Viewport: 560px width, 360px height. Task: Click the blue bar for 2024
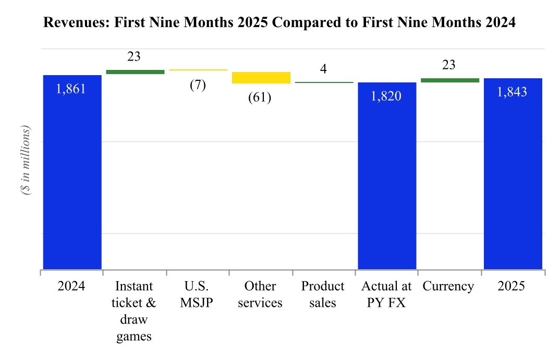pos(72,172)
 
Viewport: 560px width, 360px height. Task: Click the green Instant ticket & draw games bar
pos(135,72)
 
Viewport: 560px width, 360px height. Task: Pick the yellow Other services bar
pos(261,78)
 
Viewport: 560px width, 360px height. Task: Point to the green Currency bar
pos(449,80)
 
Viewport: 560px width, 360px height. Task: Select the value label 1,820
pos(386,96)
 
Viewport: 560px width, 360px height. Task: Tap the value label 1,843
pos(512,92)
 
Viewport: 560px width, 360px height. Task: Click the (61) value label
pos(260,98)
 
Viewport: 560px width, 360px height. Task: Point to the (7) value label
pos(198,85)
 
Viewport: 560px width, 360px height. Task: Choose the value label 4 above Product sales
pos(323,69)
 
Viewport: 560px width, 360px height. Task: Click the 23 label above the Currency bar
pos(448,65)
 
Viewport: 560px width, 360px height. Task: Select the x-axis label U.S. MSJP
pos(197,294)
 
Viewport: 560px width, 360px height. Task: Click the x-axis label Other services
pos(260,294)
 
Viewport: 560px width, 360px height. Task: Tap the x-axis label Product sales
pos(323,294)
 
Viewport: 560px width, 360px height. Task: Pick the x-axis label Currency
pos(448,286)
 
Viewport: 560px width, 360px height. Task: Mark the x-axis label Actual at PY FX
pos(386,294)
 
